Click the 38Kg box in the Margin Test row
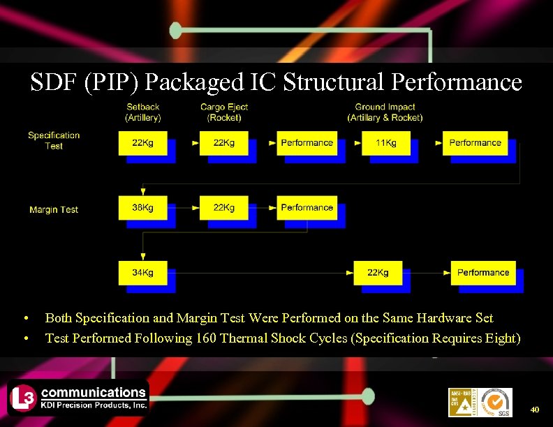click(143, 207)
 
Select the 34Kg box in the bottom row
click(143, 272)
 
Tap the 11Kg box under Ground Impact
click(385, 142)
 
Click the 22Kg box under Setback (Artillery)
click(143, 142)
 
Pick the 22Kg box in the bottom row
click(378, 272)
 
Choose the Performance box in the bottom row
click(483, 272)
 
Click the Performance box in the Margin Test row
click(307, 207)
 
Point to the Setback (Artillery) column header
click(143, 112)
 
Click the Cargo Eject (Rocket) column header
click(224, 112)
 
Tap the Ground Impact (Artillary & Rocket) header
click(385, 112)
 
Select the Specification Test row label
click(54, 140)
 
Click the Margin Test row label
click(54, 209)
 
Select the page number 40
click(536, 408)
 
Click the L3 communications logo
click(78, 397)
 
